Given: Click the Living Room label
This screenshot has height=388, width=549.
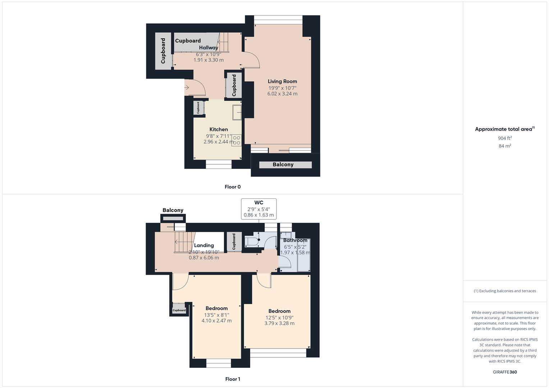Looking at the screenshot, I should point(282,81).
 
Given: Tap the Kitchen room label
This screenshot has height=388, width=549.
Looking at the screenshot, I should point(219,129).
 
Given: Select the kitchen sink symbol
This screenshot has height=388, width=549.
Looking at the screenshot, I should point(237,112).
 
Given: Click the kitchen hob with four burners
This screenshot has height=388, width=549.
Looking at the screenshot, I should point(236,140).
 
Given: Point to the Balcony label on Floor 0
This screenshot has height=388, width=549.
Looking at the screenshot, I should point(283,165).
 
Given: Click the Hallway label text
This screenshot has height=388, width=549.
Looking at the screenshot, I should point(209,47).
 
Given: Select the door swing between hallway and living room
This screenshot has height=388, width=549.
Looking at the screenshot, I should point(251,60).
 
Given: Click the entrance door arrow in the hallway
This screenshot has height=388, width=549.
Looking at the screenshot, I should point(187,87).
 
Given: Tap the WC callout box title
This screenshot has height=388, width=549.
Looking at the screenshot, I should point(259,203).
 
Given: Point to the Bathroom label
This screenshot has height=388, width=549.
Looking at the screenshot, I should point(295,240).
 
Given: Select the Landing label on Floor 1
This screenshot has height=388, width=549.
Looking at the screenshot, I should point(204,245).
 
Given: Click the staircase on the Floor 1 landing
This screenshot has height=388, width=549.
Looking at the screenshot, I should point(184,242).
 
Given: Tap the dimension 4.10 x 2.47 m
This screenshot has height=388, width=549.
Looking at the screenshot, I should point(216,320).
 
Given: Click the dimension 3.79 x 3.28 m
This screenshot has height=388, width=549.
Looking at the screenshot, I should point(279,323).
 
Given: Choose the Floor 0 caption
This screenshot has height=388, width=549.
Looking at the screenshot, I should point(233,187).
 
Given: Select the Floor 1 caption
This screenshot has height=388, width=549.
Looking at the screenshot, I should point(233,379).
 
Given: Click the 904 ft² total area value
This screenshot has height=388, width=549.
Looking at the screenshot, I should point(505,138).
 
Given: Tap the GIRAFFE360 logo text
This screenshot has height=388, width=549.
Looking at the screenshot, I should point(505,372).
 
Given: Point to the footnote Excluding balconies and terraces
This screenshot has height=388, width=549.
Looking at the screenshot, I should point(505,291).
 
